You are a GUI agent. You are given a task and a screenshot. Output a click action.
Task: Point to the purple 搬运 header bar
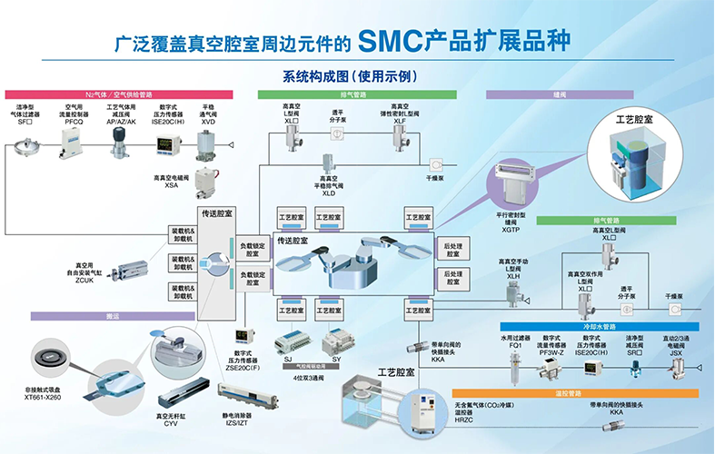tap(114, 316)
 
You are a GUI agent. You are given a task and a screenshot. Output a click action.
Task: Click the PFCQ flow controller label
tap(74, 121)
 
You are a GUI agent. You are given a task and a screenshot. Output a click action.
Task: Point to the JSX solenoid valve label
tap(676, 353)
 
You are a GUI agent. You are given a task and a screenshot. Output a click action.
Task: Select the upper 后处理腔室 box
tap(452, 250)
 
